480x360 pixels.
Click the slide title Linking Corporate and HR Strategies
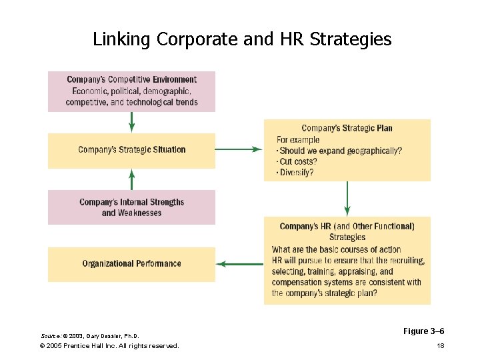[x=242, y=39]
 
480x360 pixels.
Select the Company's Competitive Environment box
[x=132, y=91]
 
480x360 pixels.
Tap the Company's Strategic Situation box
[x=132, y=150]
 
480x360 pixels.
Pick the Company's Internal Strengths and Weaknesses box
[x=132, y=207]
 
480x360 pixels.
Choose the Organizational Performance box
[x=132, y=264]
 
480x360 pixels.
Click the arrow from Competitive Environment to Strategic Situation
[x=132, y=122]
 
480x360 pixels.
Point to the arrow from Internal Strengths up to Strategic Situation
[x=132, y=179]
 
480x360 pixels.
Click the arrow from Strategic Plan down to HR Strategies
[x=347, y=199]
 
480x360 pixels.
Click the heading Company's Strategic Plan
[x=347, y=128]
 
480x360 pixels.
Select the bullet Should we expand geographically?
[x=339, y=151]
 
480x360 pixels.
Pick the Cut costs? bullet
[x=297, y=162]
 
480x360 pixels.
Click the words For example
[x=298, y=139]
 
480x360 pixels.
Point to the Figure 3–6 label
[x=424, y=331]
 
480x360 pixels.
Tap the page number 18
[x=440, y=346]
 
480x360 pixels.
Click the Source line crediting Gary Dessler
[x=91, y=335]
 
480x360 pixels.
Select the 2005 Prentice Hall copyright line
[x=109, y=346]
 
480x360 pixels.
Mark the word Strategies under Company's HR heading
[x=347, y=237]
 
